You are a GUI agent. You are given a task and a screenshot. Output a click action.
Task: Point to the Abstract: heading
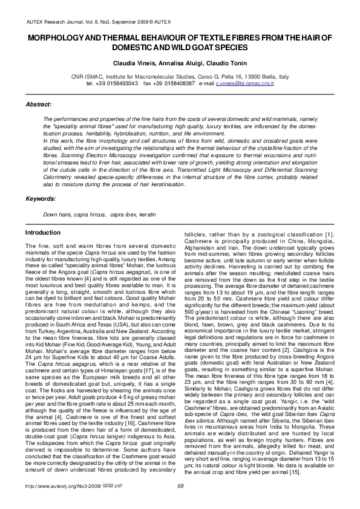coord(38,105)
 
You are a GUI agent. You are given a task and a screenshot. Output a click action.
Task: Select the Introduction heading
coord(42,233)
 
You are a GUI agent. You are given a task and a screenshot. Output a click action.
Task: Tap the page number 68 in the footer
coord(180,501)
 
